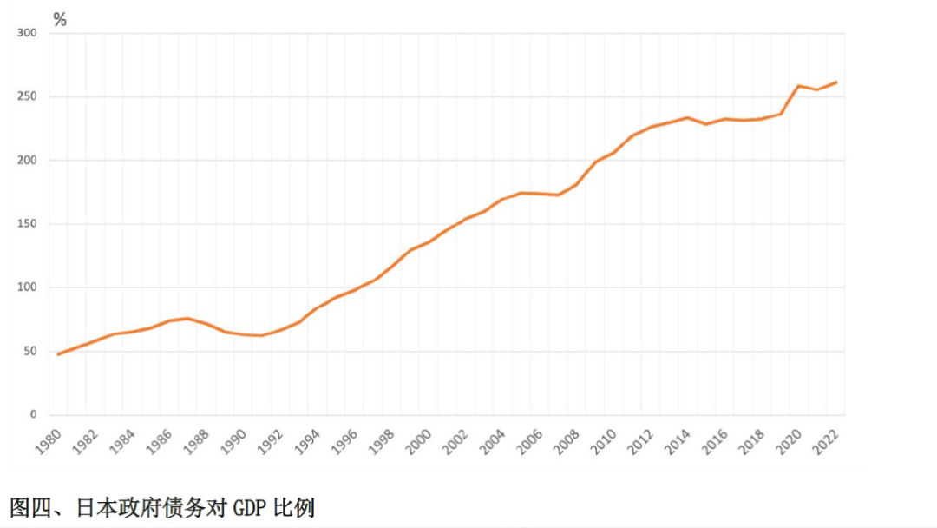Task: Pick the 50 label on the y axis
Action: pos(29,351)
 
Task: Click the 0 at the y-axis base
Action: pos(33,414)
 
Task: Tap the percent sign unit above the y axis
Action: pos(60,19)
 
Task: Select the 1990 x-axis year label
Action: pos(236,443)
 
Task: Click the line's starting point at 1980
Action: pos(59,354)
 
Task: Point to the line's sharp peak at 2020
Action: pos(799,85)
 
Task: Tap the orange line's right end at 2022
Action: pos(835,82)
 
